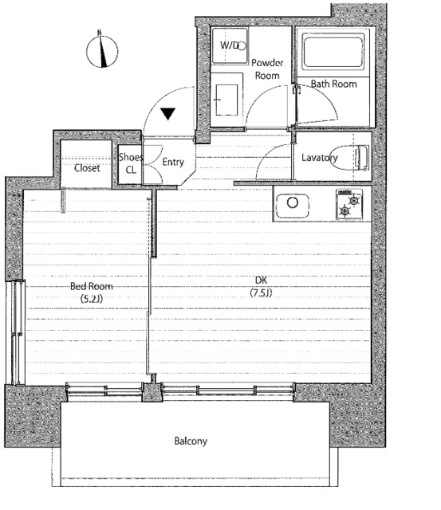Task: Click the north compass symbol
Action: [102, 51]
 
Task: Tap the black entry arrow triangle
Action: [168, 113]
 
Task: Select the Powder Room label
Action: [267, 69]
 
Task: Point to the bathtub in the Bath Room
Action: [333, 51]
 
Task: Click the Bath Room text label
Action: [333, 84]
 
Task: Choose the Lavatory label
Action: [319, 158]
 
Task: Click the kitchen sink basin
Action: [292, 206]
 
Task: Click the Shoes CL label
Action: [131, 163]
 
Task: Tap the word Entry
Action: [173, 162]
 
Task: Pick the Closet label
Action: [87, 168]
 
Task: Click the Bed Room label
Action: [92, 286]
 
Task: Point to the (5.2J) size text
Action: [92, 299]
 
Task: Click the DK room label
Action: [261, 280]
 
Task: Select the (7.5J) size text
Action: [261, 292]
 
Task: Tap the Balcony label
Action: [191, 441]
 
